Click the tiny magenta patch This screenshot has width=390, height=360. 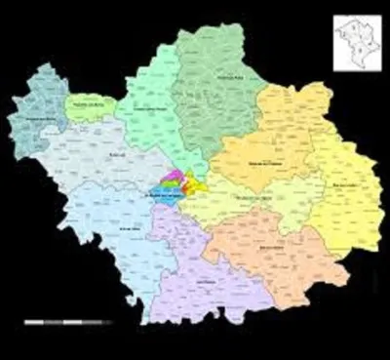tap(175, 177)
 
